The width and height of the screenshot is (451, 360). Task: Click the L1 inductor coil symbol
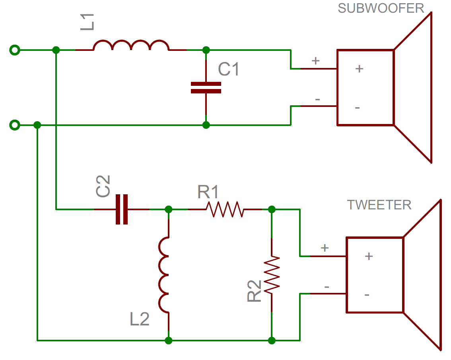pyautogui.click(x=131, y=46)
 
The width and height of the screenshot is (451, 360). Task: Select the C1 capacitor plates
pyautogui.click(x=206, y=88)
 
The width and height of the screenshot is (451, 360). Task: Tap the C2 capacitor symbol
pyautogui.click(x=122, y=209)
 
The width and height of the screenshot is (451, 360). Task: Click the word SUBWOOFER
pyautogui.click(x=381, y=8)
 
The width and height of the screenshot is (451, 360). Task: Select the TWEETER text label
pyautogui.click(x=379, y=205)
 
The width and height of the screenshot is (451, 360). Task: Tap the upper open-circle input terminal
pyautogui.click(x=14, y=50)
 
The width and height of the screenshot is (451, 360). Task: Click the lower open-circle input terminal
pyautogui.click(x=14, y=125)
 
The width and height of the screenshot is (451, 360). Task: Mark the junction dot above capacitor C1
pyautogui.click(x=206, y=50)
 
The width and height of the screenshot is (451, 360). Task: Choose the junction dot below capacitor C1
pyautogui.click(x=206, y=125)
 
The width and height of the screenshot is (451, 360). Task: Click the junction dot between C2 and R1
pyautogui.click(x=168, y=209)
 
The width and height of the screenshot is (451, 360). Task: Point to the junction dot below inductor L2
pyautogui.click(x=168, y=340)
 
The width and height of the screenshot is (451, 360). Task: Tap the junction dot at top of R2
pyautogui.click(x=272, y=209)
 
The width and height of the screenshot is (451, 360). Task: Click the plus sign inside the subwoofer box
pyautogui.click(x=359, y=68)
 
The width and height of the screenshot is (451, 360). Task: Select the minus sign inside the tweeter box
pyautogui.click(x=367, y=295)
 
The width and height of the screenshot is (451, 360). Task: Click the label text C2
pyautogui.click(x=103, y=186)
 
